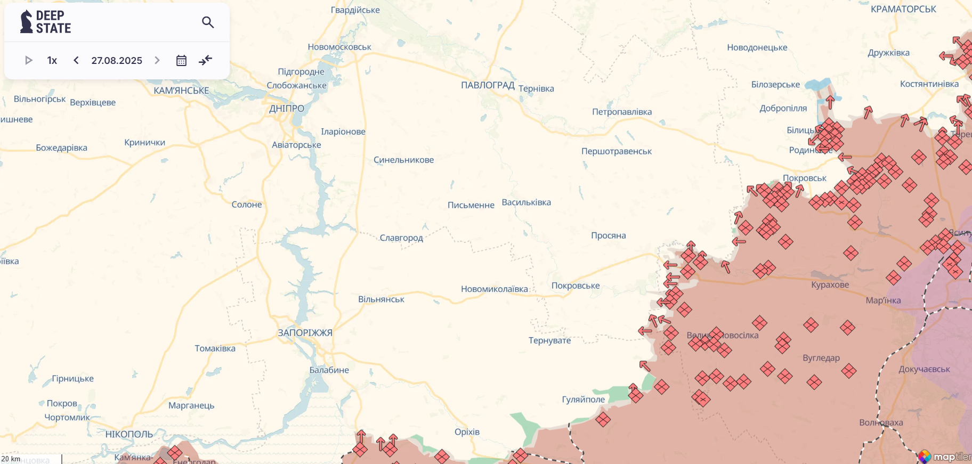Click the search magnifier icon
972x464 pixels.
coord(208,22)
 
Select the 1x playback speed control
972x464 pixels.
coord(52,61)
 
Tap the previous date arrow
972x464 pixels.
coord(76,60)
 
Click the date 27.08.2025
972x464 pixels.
coord(117,61)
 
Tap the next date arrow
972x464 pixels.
coord(157,60)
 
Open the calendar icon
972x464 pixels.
coord(181,60)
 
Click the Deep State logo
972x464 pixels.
coord(46,22)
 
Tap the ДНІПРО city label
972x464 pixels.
coord(287,109)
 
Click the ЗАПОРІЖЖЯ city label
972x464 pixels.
coord(305,333)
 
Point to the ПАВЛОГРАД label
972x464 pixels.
coord(488,85)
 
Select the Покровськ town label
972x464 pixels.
coord(804,178)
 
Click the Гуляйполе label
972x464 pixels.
coord(583,400)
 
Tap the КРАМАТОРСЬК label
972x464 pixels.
coord(903,9)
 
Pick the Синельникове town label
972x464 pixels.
coord(403,160)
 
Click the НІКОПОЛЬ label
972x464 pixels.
coord(129,434)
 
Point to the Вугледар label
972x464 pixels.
coord(821,358)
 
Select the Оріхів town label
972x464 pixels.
coord(467,432)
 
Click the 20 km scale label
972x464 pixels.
coord(11,459)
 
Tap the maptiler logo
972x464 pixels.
coord(946,457)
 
